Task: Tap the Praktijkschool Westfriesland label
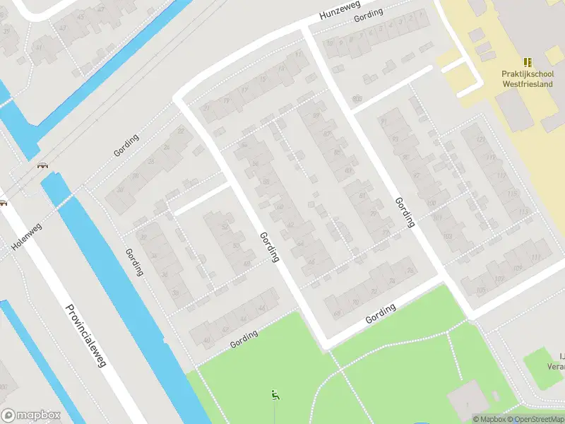526,78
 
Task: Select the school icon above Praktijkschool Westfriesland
527,62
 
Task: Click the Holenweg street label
27,237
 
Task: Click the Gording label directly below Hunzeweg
368,15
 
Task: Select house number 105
481,290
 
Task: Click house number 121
481,139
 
